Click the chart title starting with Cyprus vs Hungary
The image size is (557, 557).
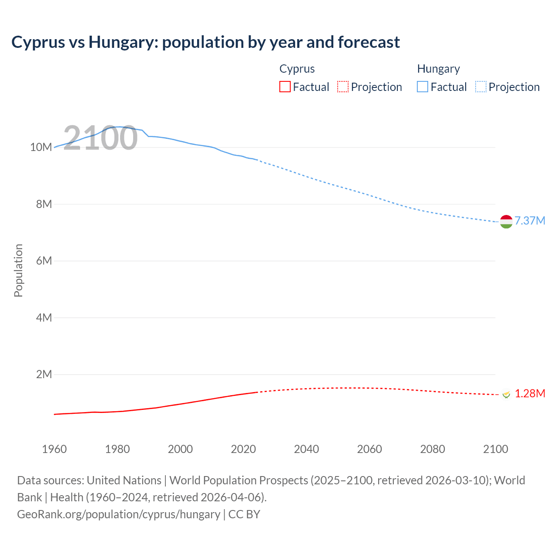(x=205, y=42)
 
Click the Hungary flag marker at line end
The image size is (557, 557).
(x=506, y=221)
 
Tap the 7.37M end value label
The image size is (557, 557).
(x=530, y=221)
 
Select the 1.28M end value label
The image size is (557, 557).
(x=530, y=393)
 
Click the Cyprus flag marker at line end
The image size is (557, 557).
(x=506, y=394)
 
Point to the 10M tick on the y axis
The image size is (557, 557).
(x=41, y=147)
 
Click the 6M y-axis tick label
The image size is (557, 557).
(x=44, y=261)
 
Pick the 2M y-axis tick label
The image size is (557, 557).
(x=44, y=374)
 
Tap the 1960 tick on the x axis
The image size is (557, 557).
(x=54, y=449)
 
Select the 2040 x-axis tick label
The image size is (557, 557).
(x=306, y=449)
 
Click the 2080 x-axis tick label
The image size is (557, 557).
(x=433, y=449)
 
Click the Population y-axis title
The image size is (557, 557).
(x=18, y=270)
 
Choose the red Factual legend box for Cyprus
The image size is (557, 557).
(x=285, y=87)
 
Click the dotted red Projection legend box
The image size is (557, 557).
(x=343, y=87)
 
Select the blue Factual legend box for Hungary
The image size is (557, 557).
(x=423, y=87)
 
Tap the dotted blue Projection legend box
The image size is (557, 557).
(x=480, y=87)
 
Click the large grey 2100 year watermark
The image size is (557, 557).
(x=101, y=138)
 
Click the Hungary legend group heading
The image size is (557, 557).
(x=438, y=69)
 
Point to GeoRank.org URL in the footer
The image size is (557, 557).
(x=118, y=514)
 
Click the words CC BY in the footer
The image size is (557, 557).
(x=244, y=514)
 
